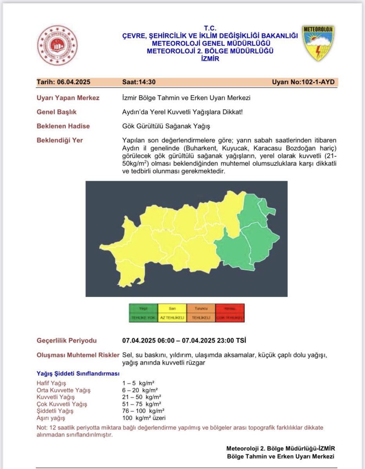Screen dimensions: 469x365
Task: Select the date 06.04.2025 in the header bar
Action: click(64, 82)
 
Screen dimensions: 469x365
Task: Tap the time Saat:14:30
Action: click(139, 82)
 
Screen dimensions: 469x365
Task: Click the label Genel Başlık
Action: click(57, 112)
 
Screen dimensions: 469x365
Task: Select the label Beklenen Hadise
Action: click(63, 126)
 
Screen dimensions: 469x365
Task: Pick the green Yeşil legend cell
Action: click(143, 313)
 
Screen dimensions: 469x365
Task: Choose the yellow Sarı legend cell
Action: click(172, 313)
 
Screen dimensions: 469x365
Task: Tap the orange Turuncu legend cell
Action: click(201, 313)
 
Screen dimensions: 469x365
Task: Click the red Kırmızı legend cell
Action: click(230, 313)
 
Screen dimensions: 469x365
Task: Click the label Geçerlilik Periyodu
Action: click(66, 340)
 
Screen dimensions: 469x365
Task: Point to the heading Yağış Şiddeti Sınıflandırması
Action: click(78, 374)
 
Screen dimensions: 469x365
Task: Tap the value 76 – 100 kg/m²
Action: click(143, 411)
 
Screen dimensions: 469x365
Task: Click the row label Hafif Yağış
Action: click(51, 383)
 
